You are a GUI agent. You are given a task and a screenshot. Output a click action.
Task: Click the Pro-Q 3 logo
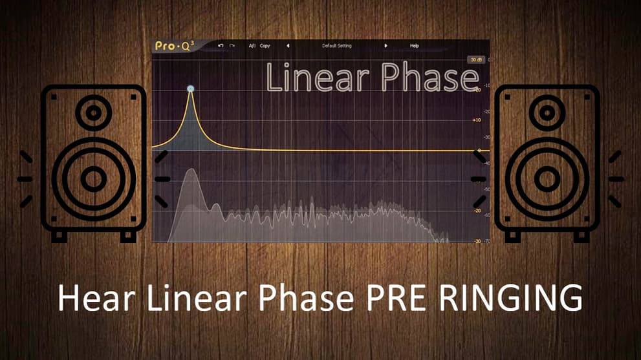click(x=173, y=46)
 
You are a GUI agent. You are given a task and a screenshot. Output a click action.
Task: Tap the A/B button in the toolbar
click(x=252, y=46)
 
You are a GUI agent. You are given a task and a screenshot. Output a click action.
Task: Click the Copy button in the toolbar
click(x=265, y=46)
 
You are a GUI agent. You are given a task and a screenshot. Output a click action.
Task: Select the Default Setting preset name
click(x=336, y=46)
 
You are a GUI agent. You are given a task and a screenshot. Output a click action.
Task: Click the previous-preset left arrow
click(x=288, y=46)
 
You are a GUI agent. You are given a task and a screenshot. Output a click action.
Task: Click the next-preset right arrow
click(x=386, y=46)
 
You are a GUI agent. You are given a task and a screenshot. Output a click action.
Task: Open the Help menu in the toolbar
click(x=415, y=46)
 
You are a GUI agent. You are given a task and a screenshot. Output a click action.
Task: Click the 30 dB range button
click(x=476, y=59)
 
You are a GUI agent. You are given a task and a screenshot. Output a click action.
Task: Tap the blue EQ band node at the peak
click(x=191, y=89)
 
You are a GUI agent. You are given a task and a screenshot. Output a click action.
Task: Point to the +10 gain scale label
click(x=477, y=120)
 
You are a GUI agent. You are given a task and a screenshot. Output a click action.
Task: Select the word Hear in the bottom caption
click(x=92, y=299)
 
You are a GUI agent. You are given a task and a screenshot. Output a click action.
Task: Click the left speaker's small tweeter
click(x=94, y=114)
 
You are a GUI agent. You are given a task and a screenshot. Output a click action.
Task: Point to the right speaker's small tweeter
click(x=547, y=114)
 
